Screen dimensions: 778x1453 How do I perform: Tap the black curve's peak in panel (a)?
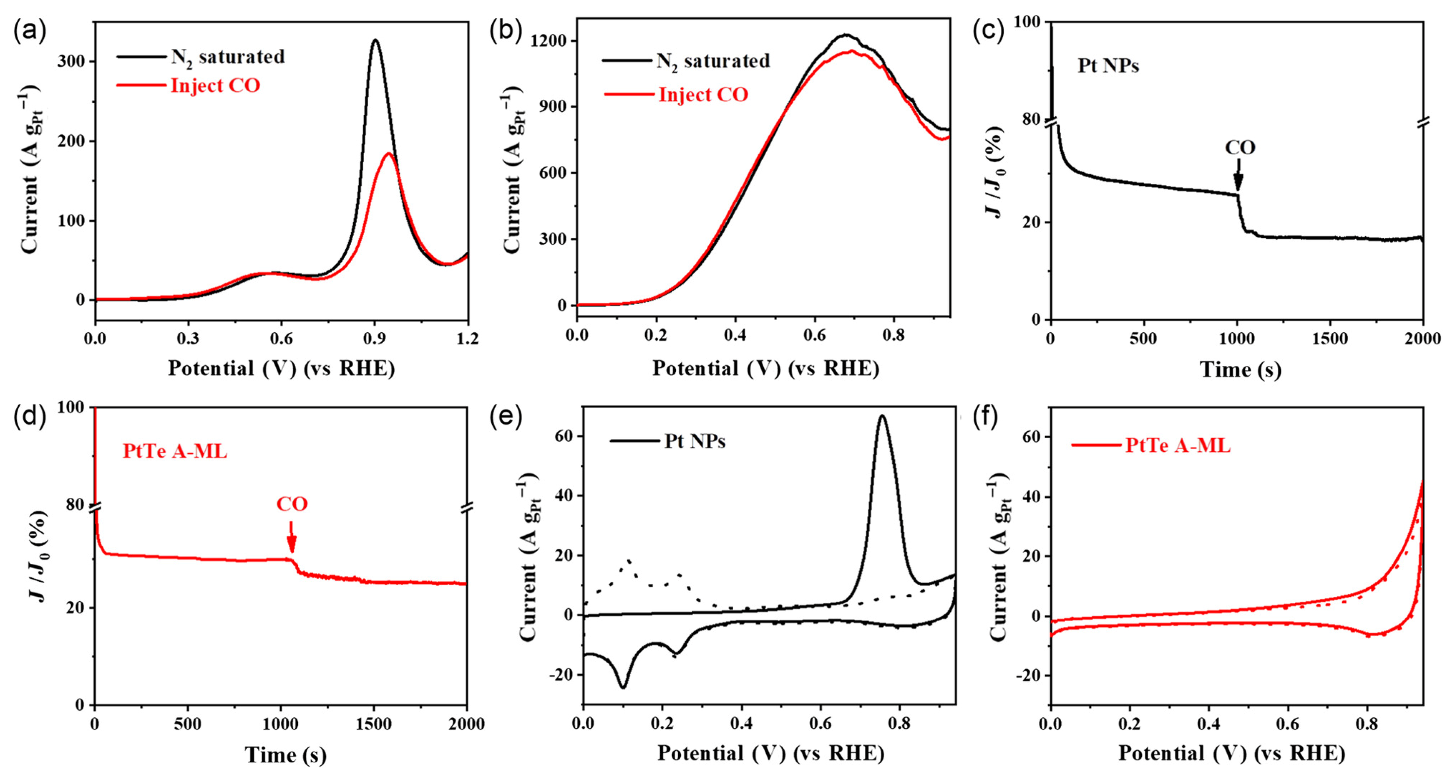pyautogui.click(x=374, y=40)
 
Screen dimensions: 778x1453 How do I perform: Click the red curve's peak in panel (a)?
pyautogui.click(x=389, y=154)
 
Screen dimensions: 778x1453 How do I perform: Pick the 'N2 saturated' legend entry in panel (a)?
pyautogui.click(x=227, y=57)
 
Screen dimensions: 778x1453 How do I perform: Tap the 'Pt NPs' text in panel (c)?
pyautogui.click(x=1108, y=66)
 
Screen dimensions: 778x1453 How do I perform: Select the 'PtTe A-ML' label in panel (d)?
pyautogui.click(x=175, y=451)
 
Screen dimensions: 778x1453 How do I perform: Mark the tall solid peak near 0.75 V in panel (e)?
pyautogui.click(x=881, y=416)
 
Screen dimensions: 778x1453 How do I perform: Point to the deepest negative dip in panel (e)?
pyautogui.click(x=623, y=687)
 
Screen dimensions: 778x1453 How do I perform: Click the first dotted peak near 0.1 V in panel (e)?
pyautogui.click(x=629, y=560)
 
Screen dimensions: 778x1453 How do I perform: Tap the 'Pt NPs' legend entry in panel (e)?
pyautogui.click(x=694, y=441)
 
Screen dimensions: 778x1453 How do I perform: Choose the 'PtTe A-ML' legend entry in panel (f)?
pyautogui.click(x=1178, y=446)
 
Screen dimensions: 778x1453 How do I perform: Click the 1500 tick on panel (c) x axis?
pyautogui.click(x=1330, y=339)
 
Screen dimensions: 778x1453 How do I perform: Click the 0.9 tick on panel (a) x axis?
pyautogui.click(x=374, y=338)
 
